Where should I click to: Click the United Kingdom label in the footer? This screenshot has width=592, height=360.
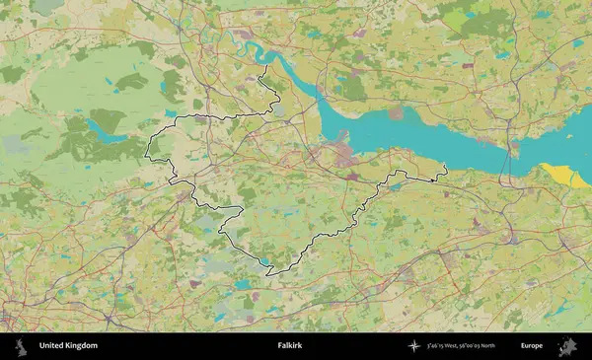[68, 346]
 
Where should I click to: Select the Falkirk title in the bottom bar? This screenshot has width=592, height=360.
[290, 346]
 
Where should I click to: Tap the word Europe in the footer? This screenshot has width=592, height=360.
[532, 346]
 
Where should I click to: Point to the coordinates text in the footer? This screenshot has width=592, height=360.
[462, 346]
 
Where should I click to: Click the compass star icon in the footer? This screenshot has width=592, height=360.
[414, 346]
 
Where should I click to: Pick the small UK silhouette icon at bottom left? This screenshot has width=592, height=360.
[20, 346]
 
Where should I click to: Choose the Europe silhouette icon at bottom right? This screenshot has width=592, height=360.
[568, 346]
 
